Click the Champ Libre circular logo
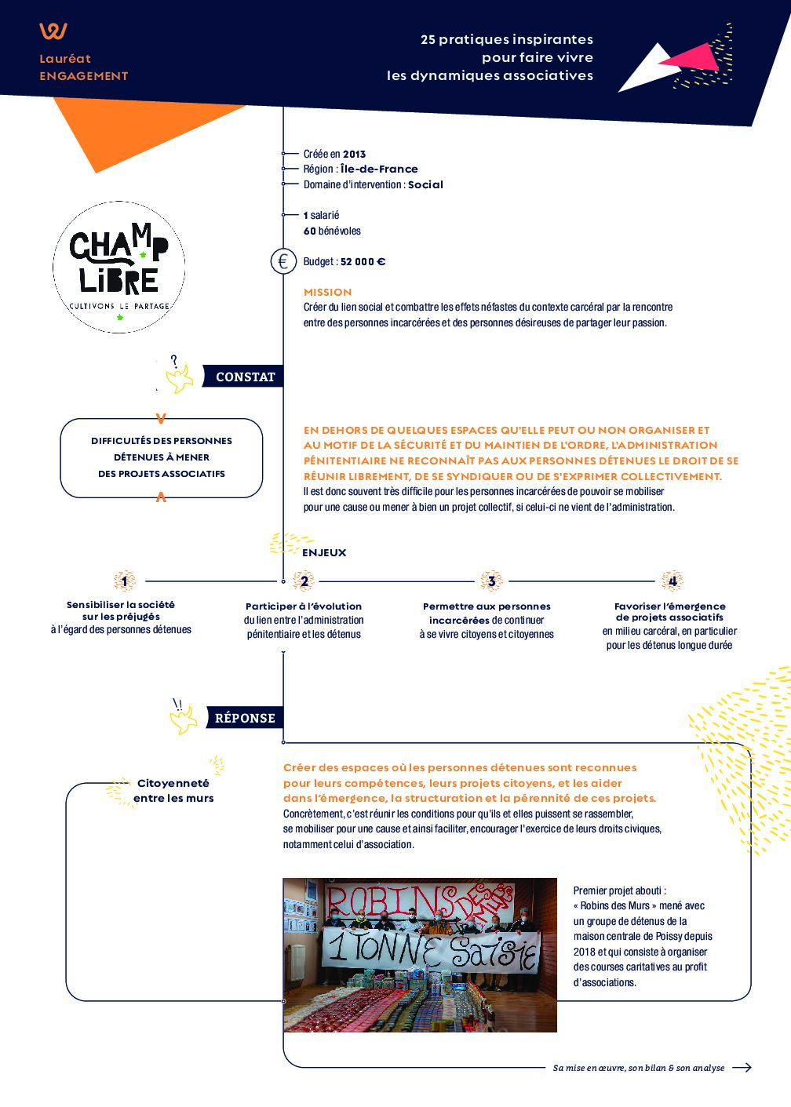click(119, 268)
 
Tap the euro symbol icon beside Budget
click(283, 261)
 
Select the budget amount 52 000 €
click(363, 262)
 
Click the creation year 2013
click(354, 154)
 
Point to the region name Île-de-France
click(379, 169)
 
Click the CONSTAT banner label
click(245, 377)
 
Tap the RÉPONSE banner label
click(245, 718)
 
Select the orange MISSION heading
click(327, 292)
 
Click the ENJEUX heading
click(324, 552)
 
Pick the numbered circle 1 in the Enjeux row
click(124, 581)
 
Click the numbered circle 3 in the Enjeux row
click(491, 581)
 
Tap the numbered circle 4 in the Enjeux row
click(673, 581)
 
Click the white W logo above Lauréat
click(53, 31)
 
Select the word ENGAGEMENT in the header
click(83, 76)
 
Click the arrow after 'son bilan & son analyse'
click(742, 1067)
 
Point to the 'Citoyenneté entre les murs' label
click(173, 790)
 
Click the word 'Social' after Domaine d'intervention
click(425, 184)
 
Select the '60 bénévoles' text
click(332, 231)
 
